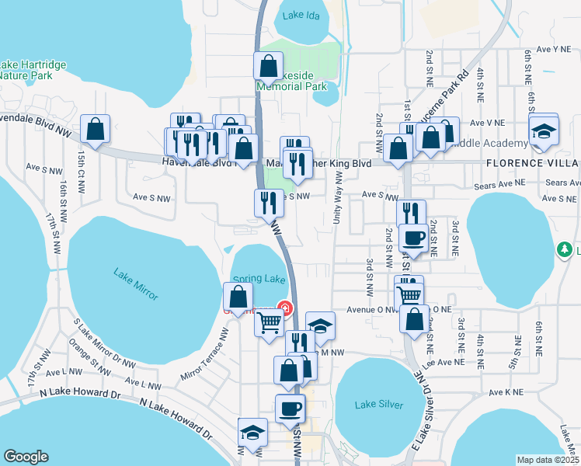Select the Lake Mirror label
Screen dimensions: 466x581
(135, 283)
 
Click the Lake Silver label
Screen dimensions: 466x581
(379, 405)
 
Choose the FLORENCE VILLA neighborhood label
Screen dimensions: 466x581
(532, 164)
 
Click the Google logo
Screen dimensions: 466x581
(26, 457)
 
